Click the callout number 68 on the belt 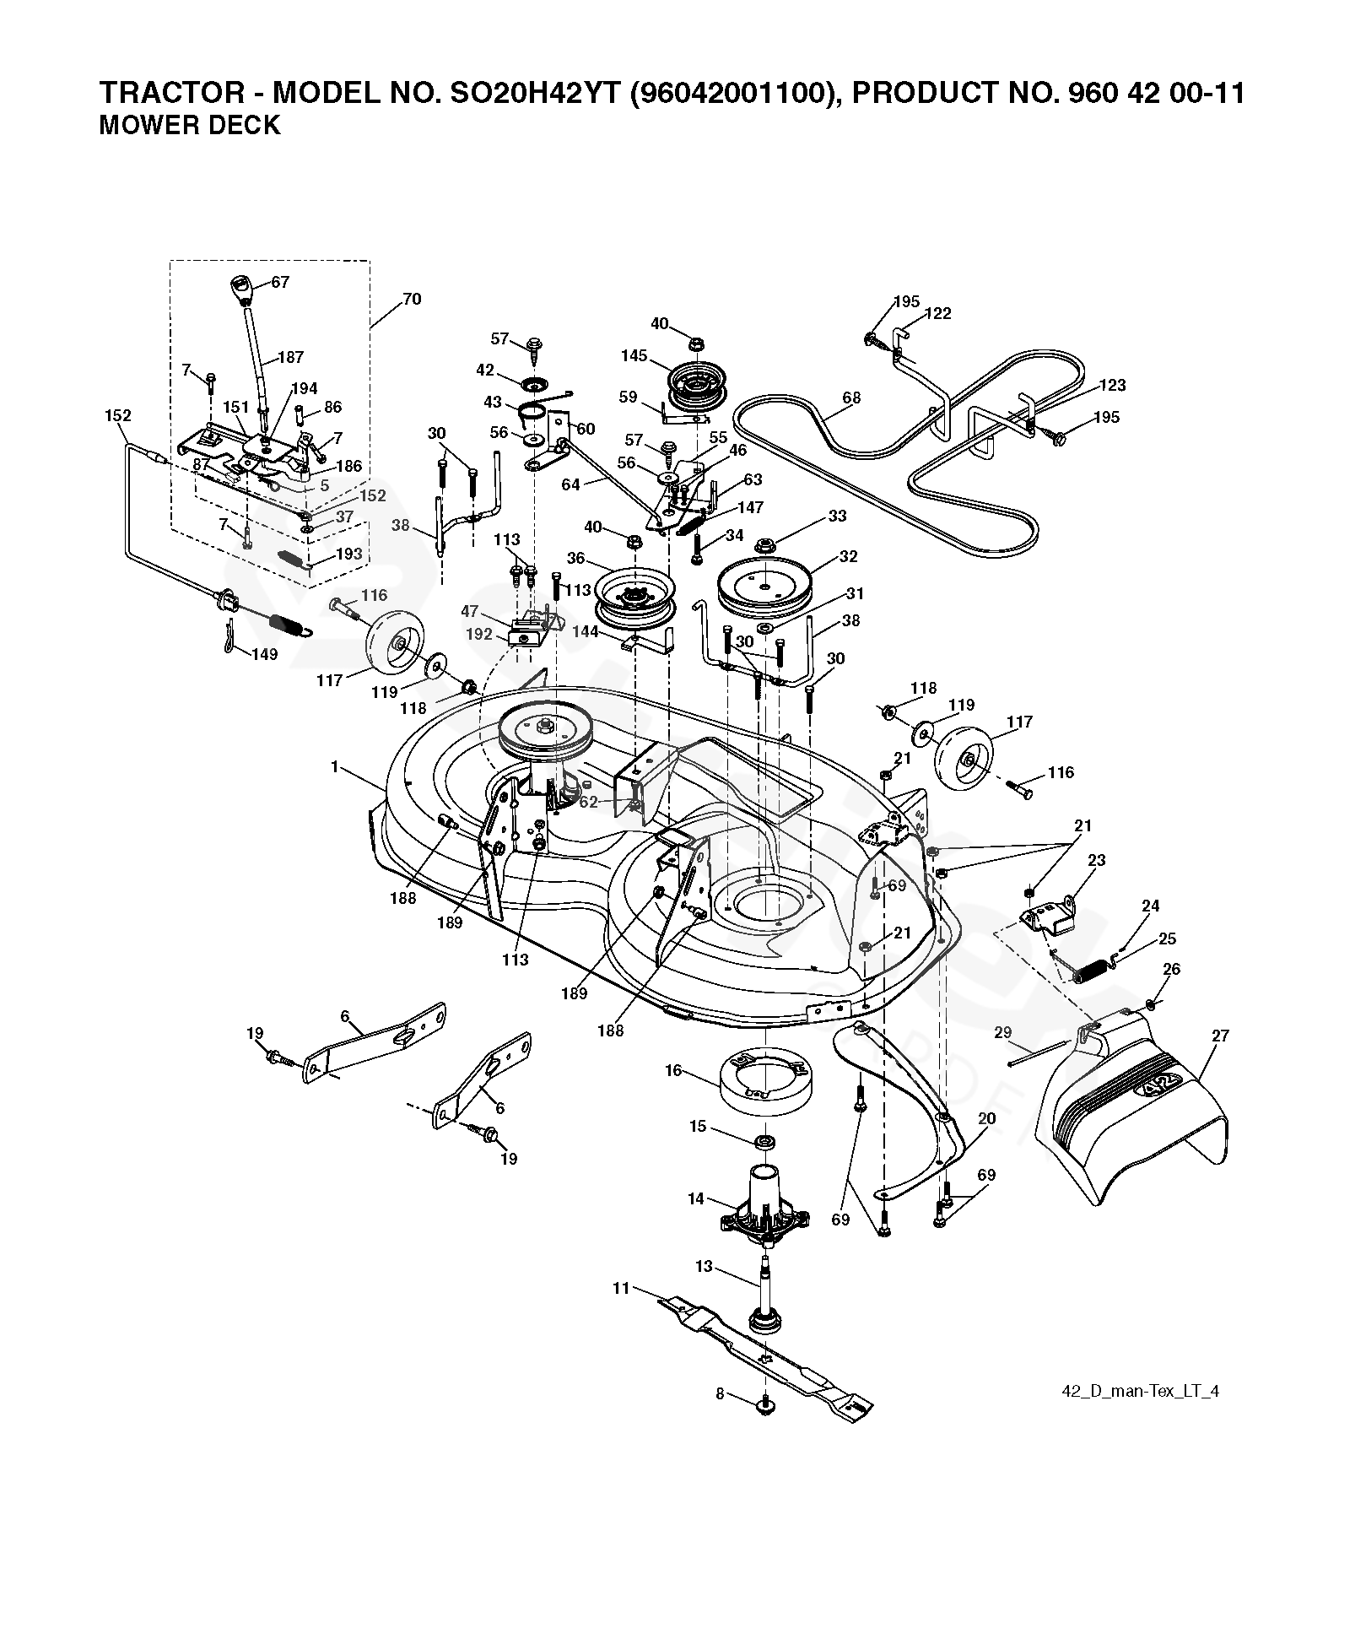pos(851,398)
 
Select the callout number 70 pos(412,299)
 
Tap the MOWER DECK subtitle pos(190,125)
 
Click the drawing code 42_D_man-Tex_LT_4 pos(1140,1392)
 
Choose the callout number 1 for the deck pos(335,766)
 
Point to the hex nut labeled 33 pos(765,544)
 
